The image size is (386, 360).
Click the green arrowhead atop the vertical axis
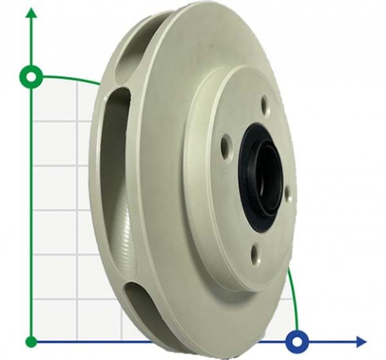(x=31, y=15)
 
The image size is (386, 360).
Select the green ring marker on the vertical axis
(x=31, y=77)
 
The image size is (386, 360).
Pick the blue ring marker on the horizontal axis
(x=297, y=342)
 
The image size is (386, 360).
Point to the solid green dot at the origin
(x=31, y=342)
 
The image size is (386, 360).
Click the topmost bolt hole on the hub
(x=264, y=104)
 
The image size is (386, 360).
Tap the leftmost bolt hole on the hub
(x=226, y=143)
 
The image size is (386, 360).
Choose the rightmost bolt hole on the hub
(x=287, y=192)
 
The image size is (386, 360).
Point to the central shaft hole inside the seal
(x=270, y=178)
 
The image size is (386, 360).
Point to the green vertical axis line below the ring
(x=31, y=213)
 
